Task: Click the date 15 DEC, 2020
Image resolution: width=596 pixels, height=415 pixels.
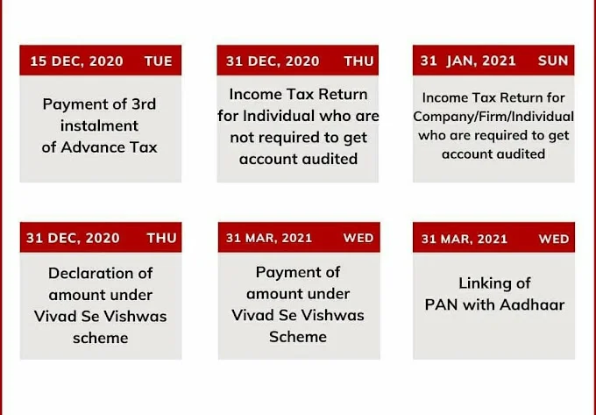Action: [76, 61]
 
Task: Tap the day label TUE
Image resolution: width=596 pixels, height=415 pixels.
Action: [159, 61]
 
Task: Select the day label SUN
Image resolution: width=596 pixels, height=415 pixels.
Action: [553, 61]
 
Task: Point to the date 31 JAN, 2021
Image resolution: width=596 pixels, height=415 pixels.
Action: [468, 61]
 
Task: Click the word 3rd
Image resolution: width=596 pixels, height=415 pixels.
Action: [144, 104]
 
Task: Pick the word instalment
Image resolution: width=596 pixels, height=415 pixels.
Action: [99, 125]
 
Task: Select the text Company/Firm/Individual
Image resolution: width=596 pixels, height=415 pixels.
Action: [493, 117]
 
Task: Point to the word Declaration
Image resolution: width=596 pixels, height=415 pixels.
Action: [100, 273]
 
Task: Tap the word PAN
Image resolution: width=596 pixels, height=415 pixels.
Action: [441, 304]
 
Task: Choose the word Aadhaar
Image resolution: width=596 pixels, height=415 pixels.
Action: [532, 304]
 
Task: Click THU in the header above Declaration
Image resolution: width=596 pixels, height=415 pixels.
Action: [161, 238]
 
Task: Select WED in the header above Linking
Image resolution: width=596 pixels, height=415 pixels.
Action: [554, 239]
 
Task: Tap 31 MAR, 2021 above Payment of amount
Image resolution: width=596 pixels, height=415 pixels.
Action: [269, 238]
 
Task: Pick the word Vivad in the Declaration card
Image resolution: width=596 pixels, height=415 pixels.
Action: [54, 316]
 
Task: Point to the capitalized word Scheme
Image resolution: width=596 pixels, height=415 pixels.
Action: [298, 337]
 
